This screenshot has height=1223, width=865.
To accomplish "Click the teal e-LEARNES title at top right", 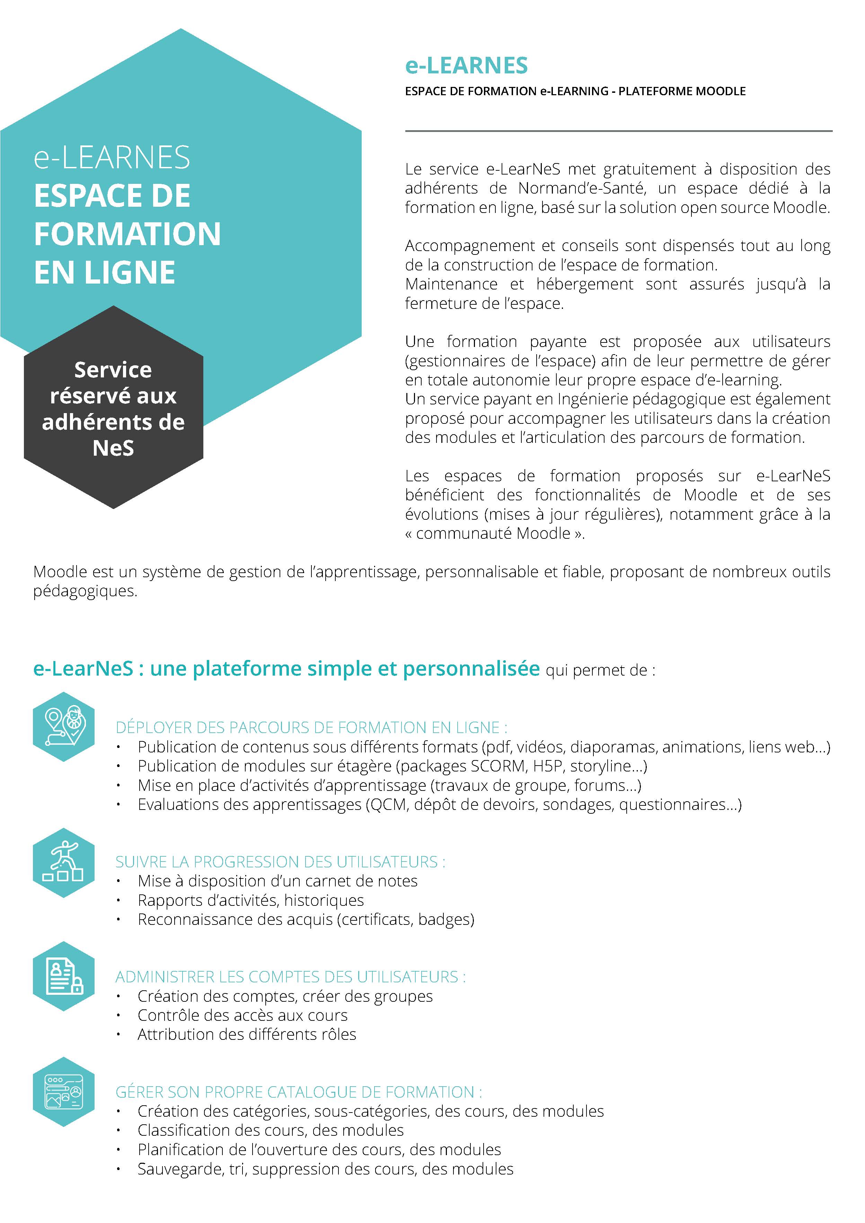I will point(466,65).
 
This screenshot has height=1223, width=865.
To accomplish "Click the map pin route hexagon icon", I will point(63,726).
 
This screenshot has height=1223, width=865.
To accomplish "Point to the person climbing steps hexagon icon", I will point(63,863).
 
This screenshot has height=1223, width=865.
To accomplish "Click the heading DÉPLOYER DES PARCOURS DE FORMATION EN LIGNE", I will point(311,727).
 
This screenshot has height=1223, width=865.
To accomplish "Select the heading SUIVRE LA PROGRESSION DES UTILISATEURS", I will point(280,862).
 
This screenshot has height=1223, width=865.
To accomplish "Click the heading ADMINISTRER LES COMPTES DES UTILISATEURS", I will point(290,977).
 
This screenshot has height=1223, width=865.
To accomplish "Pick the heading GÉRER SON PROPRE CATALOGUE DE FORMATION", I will point(299,1092).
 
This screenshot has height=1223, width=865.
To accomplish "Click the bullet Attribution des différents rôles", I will point(247,1034).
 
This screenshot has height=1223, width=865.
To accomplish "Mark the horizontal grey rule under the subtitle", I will point(618,131).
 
